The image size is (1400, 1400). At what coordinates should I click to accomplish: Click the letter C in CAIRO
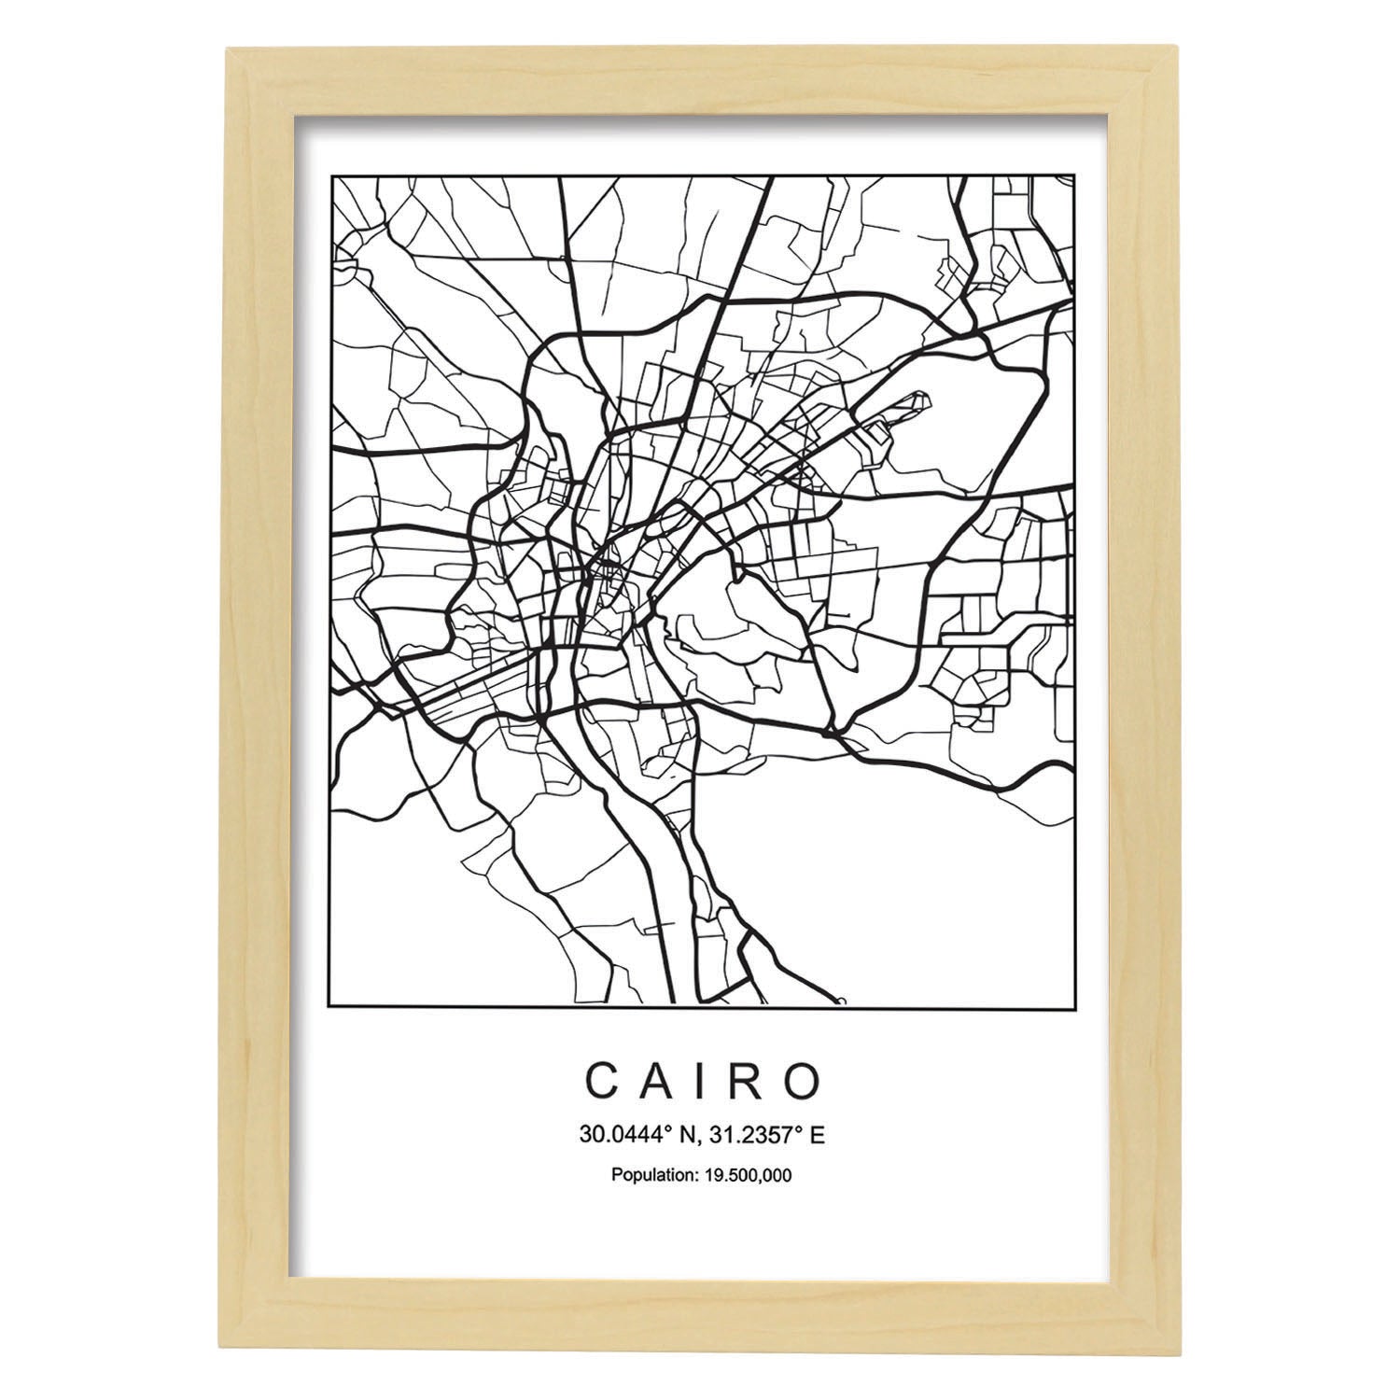click(x=599, y=1081)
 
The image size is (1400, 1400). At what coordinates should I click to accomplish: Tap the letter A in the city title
click(x=655, y=1081)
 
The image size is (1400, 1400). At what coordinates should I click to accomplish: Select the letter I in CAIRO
click(x=699, y=1081)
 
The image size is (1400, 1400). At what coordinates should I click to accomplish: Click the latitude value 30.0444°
click(x=615, y=1136)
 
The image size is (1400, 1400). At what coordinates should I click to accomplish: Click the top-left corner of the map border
click(x=333, y=175)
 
